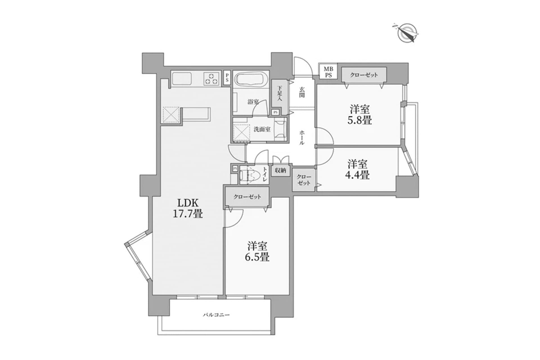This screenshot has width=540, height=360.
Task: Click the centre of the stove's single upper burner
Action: pos(211,75)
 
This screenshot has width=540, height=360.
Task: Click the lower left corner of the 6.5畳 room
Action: pos(226,295)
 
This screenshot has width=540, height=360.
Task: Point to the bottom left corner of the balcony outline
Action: pos(157,335)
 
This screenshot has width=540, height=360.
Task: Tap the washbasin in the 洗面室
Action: pos(280,129)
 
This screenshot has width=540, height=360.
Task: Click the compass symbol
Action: pos(406,33)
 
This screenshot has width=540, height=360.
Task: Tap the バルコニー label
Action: pos(216,315)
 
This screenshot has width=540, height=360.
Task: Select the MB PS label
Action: pos(328,72)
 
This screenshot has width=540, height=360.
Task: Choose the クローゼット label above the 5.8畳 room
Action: pos(364,75)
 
